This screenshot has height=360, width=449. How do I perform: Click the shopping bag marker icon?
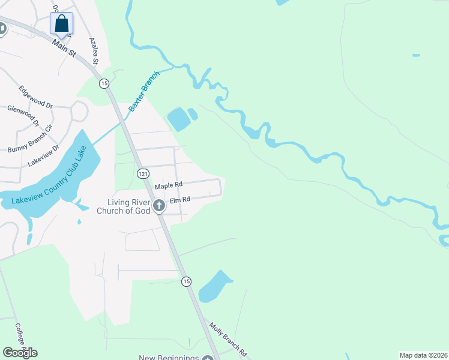pos(61,25)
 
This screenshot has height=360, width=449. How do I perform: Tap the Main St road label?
pos(64,48)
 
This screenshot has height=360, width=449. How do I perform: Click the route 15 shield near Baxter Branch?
pos(104,83)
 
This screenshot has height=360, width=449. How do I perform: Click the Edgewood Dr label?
pos(36,96)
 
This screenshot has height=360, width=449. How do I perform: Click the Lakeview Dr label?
pos(43,155)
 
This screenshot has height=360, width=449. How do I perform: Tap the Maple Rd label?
pos(168,186)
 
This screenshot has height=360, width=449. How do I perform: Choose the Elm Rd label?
pos(180,200)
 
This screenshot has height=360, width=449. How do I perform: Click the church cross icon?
pos(159,206)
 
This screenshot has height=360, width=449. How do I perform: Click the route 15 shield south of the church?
pos(187,281)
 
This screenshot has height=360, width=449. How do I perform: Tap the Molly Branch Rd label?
pos(228,341)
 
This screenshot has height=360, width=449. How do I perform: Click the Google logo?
pos(20,352)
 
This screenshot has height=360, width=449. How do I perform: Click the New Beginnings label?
pos(169,358)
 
